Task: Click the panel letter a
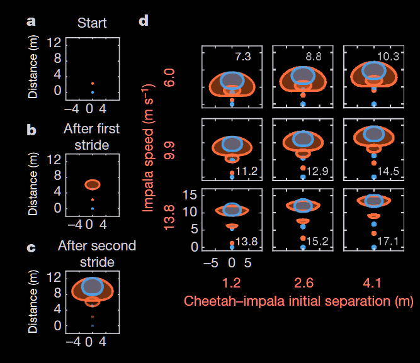[x=31, y=22]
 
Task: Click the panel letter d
[x=144, y=21]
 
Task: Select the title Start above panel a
[x=92, y=23]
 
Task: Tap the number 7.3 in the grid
[x=243, y=57]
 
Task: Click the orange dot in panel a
[x=92, y=83]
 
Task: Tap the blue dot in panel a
[x=92, y=92]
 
